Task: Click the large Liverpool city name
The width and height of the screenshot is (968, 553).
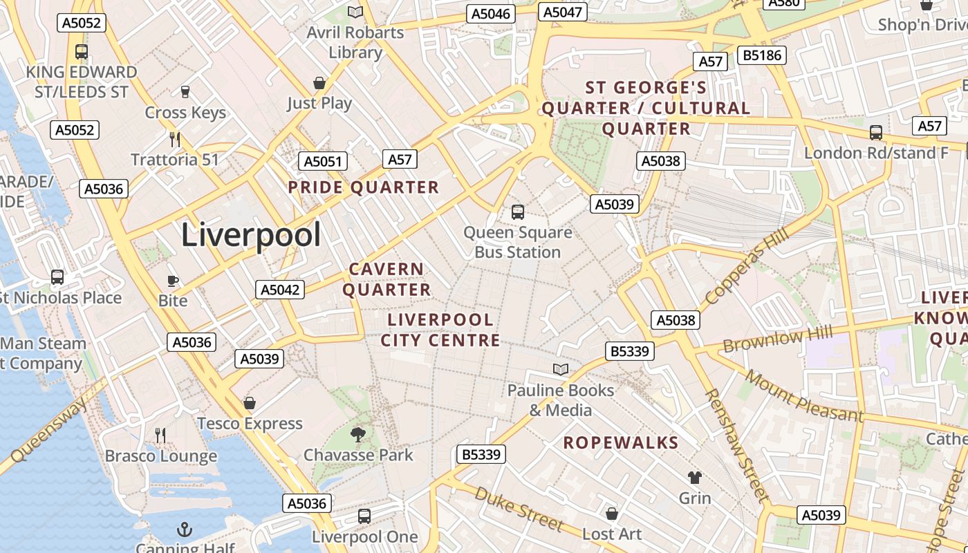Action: point(251,235)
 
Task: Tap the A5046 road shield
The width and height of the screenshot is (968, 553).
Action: point(490,14)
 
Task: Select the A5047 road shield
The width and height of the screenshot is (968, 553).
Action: point(564,12)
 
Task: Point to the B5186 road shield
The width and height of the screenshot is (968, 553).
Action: point(762,55)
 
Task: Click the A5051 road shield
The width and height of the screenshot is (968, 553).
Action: point(323,162)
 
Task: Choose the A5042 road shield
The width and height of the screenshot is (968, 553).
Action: point(280,290)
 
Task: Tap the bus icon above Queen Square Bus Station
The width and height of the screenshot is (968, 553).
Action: point(517,212)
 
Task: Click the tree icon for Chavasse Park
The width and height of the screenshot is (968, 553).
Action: point(357,435)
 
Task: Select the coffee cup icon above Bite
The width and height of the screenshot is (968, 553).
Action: point(173,281)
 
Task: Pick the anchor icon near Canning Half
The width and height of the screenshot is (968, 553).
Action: point(184,530)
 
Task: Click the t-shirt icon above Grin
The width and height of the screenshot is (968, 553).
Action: point(694,478)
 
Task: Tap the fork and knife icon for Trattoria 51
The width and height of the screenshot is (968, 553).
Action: point(175,140)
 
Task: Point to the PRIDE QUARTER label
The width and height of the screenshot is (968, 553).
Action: point(364,187)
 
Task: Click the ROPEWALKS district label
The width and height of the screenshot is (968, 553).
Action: point(621,442)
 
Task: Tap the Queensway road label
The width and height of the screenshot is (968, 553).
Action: point(48,430)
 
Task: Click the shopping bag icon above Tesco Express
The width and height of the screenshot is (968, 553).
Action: point(250,403)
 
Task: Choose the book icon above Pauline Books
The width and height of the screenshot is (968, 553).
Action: point(561,370)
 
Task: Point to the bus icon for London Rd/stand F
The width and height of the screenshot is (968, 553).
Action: point(875,133)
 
